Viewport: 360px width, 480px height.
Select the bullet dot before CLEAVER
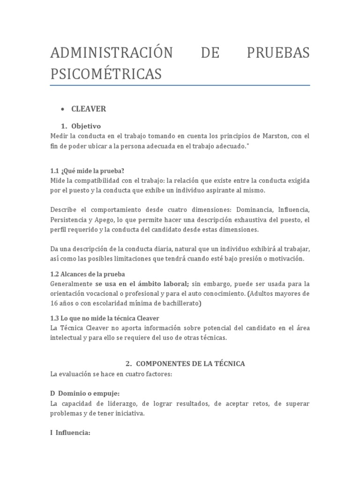[62, 109]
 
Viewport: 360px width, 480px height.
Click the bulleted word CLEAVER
[89, 109]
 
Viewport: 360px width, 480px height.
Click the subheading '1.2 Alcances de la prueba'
[88, 274]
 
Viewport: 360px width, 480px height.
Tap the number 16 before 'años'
[54, 303]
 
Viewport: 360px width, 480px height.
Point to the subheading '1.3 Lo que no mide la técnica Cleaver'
[105, 318]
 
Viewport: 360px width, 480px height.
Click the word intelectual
[67, 337]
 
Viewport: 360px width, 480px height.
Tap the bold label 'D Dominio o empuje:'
[88, 393]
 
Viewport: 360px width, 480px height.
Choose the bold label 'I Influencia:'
[70, 433]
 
